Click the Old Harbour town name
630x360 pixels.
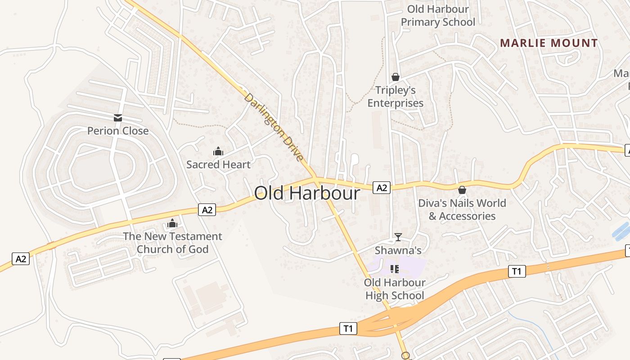(x=307, y=193)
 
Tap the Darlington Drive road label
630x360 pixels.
(x=274, y=127)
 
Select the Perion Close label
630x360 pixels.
(x=118, y=131)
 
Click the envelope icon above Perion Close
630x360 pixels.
(x=118, y=118)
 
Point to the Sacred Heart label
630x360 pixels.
(x=218, y=165)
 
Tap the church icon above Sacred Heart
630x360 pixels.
(x=218, y=151)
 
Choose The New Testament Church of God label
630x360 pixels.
(x=172, y=243)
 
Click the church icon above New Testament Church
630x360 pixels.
(x=172, y=223)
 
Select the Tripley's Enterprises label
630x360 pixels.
(x=396, y=97)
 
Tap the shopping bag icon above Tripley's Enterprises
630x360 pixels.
(x=396, y=77)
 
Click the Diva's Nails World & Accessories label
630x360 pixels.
(x=462, y=210)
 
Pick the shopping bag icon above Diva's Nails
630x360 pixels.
(x=462, y=190)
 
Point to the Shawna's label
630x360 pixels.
(x=398, y=250)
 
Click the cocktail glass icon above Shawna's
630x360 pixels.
(x=398, y=237)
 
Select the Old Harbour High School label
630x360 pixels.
(x=395, y=289)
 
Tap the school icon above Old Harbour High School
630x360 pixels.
(x=395, y=269)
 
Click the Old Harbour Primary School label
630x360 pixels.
(x=438, y=16)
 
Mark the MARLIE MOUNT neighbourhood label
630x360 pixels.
(x=549, y=43)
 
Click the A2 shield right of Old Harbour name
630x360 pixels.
(x=382, y=188)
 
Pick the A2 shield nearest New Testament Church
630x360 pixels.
(x=207, y=209)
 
